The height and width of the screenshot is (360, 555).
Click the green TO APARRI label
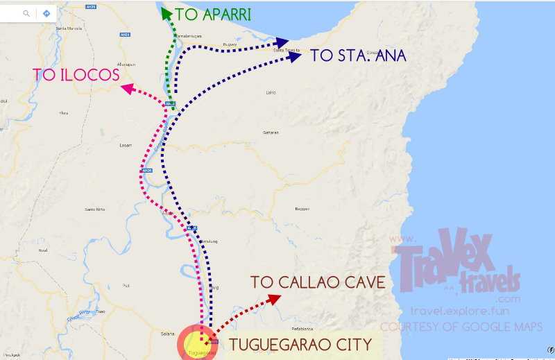click(x=212, y=15)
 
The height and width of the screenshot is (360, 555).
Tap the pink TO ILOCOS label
click(x=76, y=74)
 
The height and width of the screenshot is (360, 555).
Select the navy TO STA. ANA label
click(x=358, y=55)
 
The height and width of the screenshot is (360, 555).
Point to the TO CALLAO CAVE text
click(x=318, y=282)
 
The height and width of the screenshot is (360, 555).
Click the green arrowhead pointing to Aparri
click(x=165, y=13)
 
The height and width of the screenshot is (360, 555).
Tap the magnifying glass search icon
click(x=26, y=13)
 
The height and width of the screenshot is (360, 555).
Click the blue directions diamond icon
click(x=46, y=13)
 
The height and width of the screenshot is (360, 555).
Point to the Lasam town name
click(x=126, y=146)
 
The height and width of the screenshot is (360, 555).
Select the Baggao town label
click(x=301, y=208)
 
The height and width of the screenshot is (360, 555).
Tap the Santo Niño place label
click(x=94, y=209)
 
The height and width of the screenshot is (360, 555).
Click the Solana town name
click(x=166, y=334)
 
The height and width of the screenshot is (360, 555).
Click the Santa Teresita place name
click(x=287, y=51)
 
